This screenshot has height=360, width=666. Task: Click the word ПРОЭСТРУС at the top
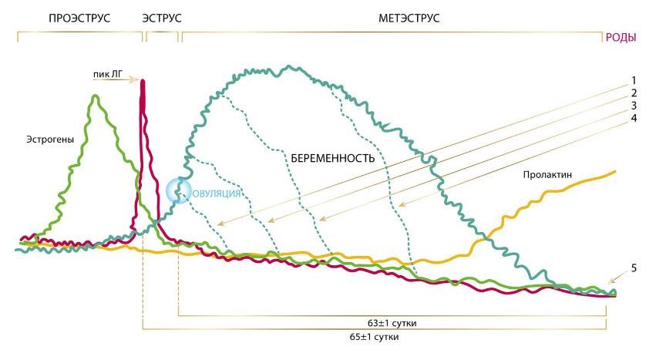point(79,17)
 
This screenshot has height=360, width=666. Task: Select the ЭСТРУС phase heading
point(162,17)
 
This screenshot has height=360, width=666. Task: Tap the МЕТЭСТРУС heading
point(409,17)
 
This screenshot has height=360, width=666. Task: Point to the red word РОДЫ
point(621,36)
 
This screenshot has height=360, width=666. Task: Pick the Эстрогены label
point(49,140)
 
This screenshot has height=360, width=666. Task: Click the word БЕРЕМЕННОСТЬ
point(333,158)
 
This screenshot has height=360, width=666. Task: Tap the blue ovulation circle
point(179,190)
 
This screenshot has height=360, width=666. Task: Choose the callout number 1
point(633,79)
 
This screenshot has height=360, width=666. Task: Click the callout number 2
point(633,93)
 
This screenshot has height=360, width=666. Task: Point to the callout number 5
point(633,268)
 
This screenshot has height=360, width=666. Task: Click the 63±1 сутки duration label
point(392,323)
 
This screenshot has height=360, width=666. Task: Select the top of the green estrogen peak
point(96,96)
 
